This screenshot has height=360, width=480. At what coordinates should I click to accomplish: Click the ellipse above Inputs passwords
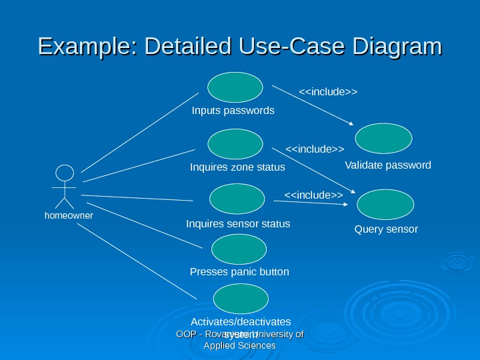pyautogui.click(x=235, y=87)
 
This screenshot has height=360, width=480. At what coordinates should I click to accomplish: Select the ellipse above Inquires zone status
pyautogui.click(x=235, y=144)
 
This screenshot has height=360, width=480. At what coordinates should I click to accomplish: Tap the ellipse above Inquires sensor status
pyautogui.click(x=237, y=199)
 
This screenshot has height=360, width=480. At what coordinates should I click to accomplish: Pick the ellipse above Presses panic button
pyautogui.click(x=239, y=249)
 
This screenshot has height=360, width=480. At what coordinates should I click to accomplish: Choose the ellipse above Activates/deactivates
pyautogui.click(x=239, y=299)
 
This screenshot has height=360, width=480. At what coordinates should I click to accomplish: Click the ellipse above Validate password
pyautogui.click(x=383, y=139)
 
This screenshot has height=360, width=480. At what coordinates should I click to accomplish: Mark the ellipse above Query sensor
pyautogui.click(x=385, y=204)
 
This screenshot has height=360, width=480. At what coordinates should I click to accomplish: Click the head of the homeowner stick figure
pyautogui.click(x=64, y=173)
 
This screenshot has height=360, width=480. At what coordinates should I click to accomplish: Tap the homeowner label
pyautogui.click(x=69, y=216)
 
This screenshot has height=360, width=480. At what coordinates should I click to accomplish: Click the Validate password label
pyautogui.click(x=388, y=165)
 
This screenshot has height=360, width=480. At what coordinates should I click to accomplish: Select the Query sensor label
pyautogui.click(x=386, y=229)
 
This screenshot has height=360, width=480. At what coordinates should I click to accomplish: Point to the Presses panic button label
pyautogui.click(x=239, y=272)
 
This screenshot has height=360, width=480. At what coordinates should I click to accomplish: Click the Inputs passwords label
pyautogui.click(x=233, y=110)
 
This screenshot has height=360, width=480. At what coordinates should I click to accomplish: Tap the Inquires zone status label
pyautogui.click(x=237, y=167)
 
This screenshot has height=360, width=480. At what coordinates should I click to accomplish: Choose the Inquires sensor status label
pyautogui.click(x=238, y=223)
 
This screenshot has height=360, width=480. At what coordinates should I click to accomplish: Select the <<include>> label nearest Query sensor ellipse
pyautogui.click(x=313, y=195)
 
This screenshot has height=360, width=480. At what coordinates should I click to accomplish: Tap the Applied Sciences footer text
pyautogui.click(x=239, y=345)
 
